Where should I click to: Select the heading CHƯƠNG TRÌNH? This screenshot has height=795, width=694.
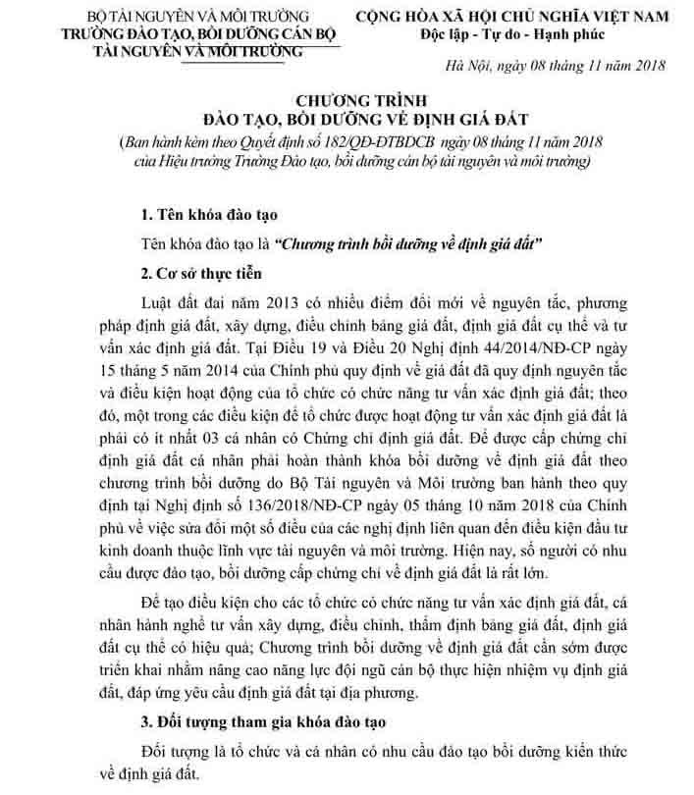347,102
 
